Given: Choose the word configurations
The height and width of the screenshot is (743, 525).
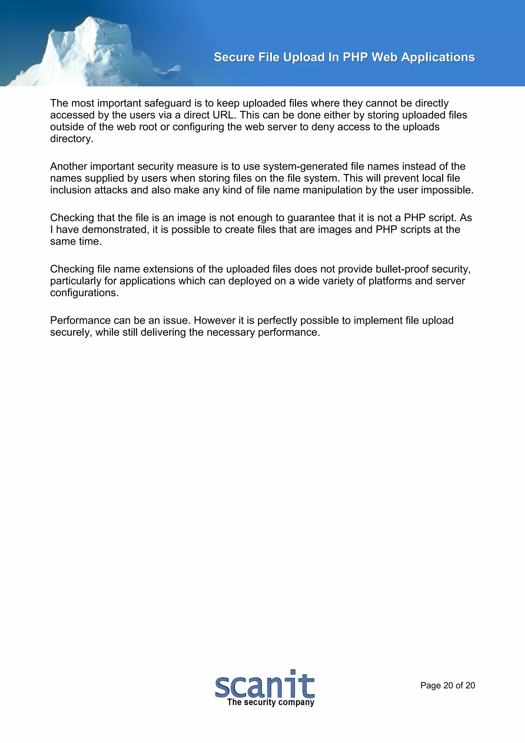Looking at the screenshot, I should pyautogui.click(x=84, y=293).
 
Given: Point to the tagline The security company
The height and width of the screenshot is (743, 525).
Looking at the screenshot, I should pyautogui.click(x=271, y=702).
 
